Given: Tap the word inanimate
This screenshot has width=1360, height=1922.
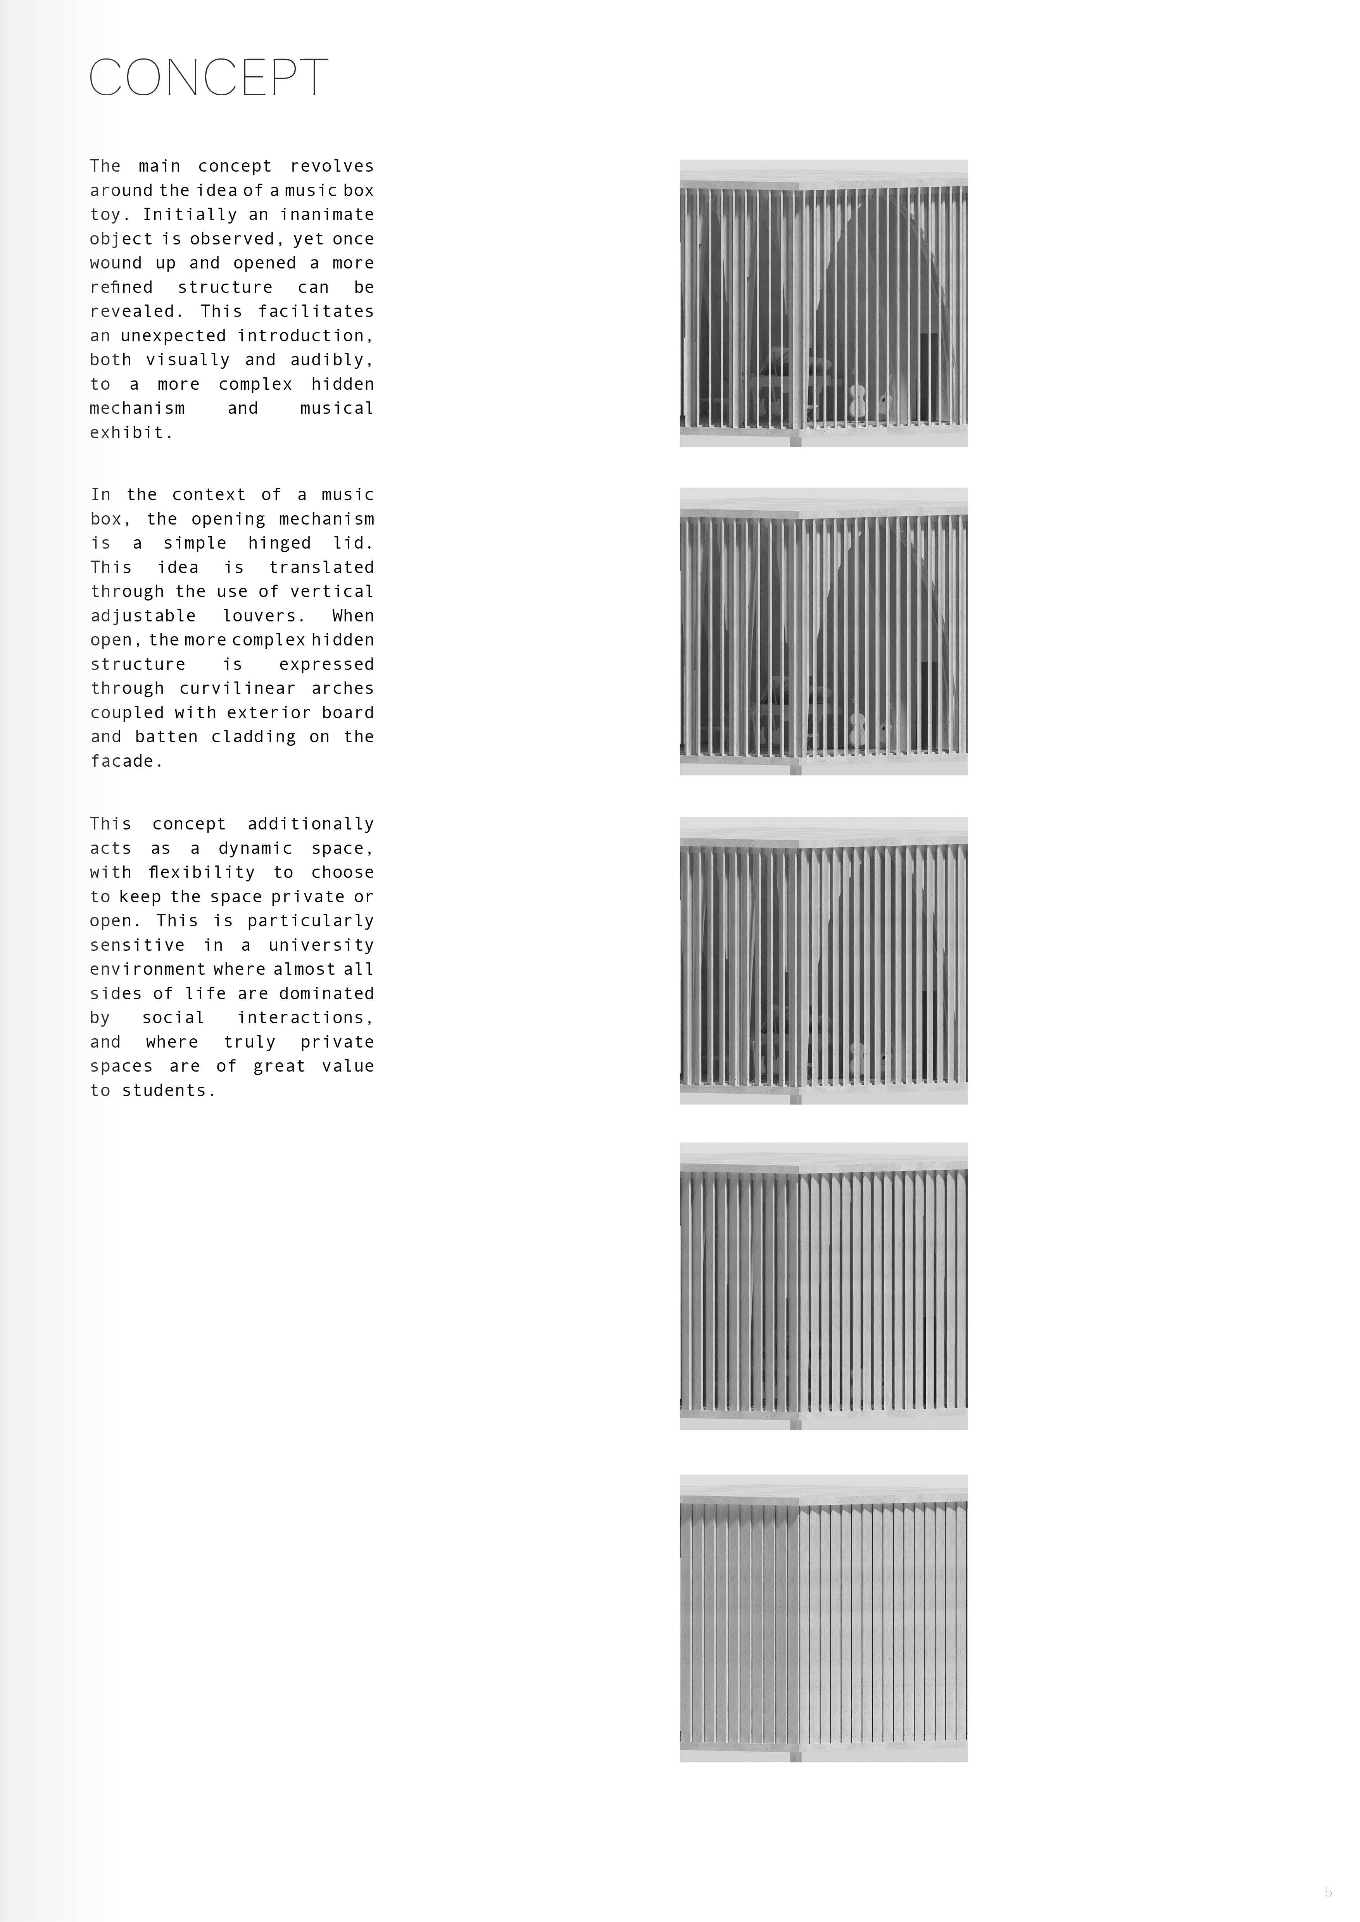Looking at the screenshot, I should coord(326,214).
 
